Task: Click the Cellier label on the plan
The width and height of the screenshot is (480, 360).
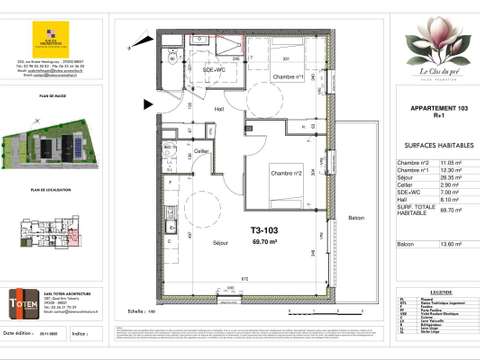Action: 201,152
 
